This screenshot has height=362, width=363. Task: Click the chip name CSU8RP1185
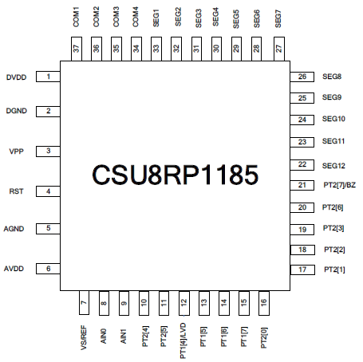(x=175, y=175)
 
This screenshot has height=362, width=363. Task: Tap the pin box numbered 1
(x=48, y=77)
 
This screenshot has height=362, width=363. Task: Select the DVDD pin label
(x=16, y=77)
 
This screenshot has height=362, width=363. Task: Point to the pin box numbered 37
(x=77, y=49)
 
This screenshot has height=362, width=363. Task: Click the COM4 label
(x=136, y=17)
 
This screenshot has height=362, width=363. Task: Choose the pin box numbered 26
(x=302, y=77)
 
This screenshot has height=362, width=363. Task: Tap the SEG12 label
(x=333, y=166)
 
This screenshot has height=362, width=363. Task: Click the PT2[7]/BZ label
(x=339, y=185)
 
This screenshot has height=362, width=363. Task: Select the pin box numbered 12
(x=184, y=303)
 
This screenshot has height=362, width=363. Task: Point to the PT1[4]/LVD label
(x=183, y=341)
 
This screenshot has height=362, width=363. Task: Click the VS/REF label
(x=84, y=338)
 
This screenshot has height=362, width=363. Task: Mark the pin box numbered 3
(x=48, y=151)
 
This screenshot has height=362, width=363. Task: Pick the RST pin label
(x=16, y=191)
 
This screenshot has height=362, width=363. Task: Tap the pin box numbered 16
(x=264, y=303)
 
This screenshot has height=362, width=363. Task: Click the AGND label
(x=14, y=229)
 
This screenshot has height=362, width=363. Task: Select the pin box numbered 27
(x=279, y=49)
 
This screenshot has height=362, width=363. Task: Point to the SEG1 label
(x=156, y=18)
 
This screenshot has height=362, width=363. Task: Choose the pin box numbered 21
(x=302, y=185)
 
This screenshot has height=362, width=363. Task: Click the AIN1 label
(x=124, y=336)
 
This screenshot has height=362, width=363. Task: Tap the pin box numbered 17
(x=302, y=270)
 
